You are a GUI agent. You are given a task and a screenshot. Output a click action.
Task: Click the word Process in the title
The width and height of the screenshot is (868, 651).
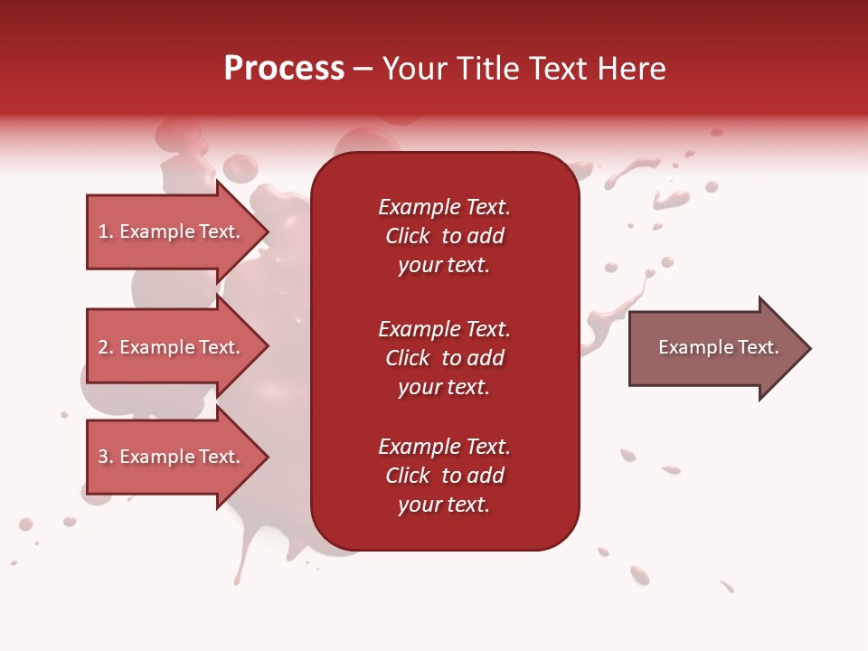tap(284, 69)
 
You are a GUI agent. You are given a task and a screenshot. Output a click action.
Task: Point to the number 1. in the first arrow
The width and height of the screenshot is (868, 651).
tap(106, 231)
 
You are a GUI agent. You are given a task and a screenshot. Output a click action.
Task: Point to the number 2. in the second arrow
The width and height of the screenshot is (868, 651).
tap(106, 347)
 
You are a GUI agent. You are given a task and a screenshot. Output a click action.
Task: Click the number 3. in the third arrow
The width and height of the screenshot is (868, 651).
tap(106, 457)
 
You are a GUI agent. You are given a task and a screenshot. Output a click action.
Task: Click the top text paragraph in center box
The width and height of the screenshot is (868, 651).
tap(444, 236)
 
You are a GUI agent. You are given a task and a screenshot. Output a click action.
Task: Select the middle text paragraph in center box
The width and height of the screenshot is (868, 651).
tap(444, 358)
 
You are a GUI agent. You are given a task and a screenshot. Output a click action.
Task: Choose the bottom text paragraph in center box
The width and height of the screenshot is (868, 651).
tap(444, 476)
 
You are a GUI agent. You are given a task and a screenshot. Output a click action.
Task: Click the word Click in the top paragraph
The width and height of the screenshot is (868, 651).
tap(407, 236)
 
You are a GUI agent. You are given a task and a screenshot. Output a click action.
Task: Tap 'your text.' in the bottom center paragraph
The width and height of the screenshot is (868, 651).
tap(444, 505)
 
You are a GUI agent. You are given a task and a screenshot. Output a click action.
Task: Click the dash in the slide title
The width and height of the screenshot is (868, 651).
tap(363, 69)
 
